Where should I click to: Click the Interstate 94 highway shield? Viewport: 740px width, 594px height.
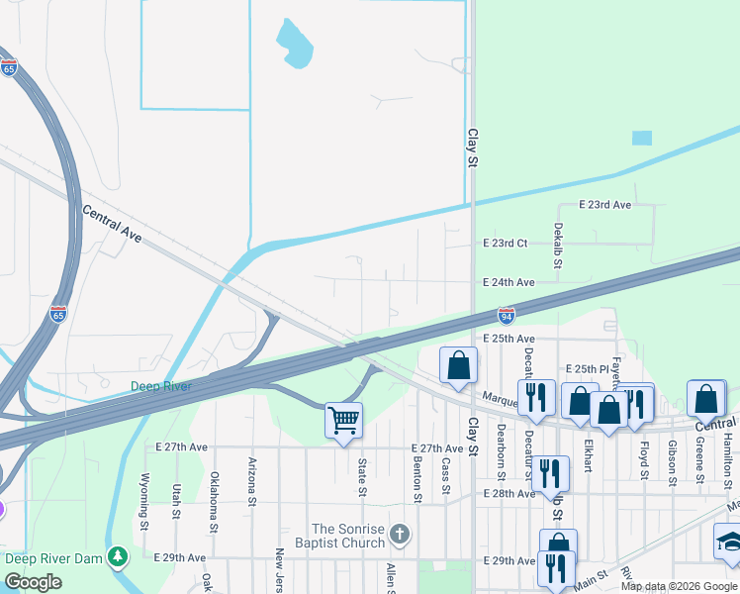pyautogui.click(x=507, y=315)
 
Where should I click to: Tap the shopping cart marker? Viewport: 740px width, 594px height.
pyautogui.click(x=343, y=420)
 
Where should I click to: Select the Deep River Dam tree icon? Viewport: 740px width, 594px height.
pyautogui.click(x=118, y=556)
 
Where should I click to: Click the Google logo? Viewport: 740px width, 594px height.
pyautogui.click(x=34, y=582)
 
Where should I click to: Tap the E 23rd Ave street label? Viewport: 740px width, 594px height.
pyautogui.click(x=604, y=205)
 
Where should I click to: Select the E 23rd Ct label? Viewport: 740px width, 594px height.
pyautogui.click(x=505, y=243)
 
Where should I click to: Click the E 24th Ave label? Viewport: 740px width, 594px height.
pyautogui.click(x=509, y=282)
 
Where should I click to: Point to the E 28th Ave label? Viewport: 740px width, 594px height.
pyautogui.click(x=509, y=493)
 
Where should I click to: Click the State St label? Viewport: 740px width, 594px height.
pyautogui.click(x=362, y=476)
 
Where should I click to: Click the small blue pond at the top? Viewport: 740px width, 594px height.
pyautogui.click(x=295, y=45)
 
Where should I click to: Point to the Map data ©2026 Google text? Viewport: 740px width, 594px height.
pyautogui.click(x=679, y=586)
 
